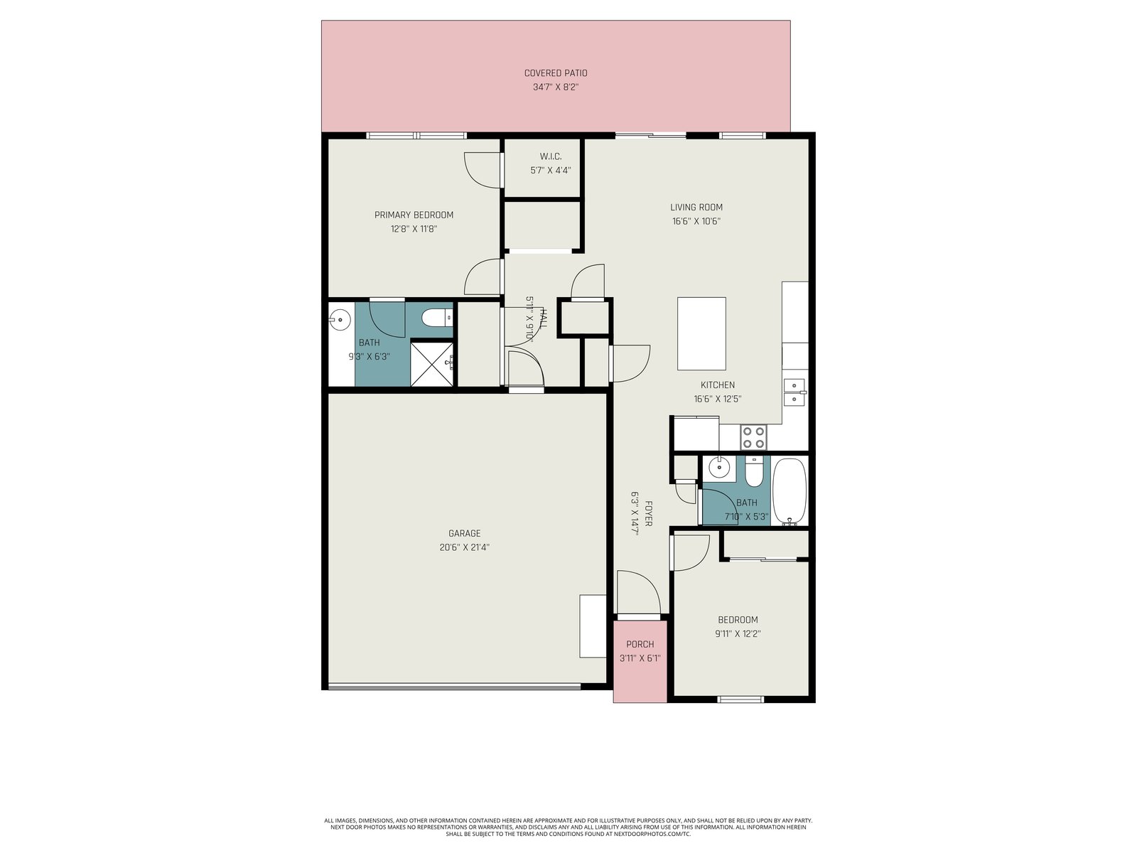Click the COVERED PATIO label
(x=555, y=73)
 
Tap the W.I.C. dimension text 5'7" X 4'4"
(x=550, y=170)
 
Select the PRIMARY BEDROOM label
(x=414, y=215)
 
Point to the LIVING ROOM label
(x=696, y=207)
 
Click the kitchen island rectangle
(x=701, y=333)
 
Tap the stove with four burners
(x=753, y=436)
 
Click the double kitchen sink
(x=794, y=392)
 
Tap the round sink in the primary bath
(x=340, y=320)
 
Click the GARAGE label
(x=464, y=533)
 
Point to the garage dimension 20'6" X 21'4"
(x=464, y=547)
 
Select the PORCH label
(x=640, y=644)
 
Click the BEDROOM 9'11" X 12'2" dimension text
(x=738, y=633)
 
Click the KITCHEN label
(x=718, y=385)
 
